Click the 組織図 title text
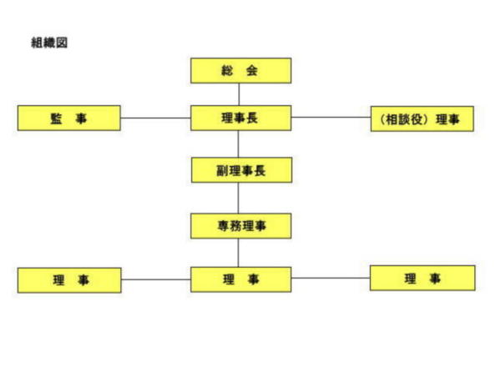coord(49,43)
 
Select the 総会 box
coord(240,71)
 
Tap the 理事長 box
coord(240,118)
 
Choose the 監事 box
coord(69,118)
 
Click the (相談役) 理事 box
coord(422,118)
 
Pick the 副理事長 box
coord(241,170)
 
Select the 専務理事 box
coord(240,226)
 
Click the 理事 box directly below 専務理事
coord(240,279)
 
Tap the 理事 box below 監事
coord(69,280)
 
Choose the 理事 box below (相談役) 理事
coord(423,278)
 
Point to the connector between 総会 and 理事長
coord(239,94)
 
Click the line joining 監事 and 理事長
coord(155,118)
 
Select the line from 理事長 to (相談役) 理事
coord(331,118)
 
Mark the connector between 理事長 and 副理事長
coord(238,143)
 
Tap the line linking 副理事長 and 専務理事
coord(238,198)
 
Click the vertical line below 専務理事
coord(238,253)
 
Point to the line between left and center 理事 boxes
coord(156,279)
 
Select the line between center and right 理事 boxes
coord(331,278)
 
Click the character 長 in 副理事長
coord(260,171)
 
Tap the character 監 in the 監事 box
coord(56,118)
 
